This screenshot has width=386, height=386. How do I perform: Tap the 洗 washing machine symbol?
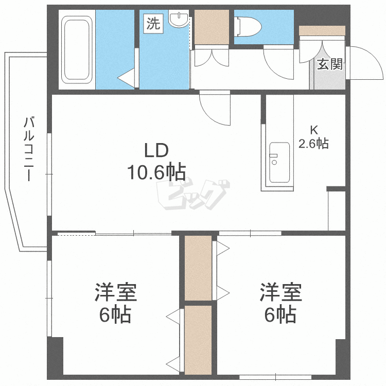click(153, 24)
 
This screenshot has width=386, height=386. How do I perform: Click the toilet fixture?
click(246, 25)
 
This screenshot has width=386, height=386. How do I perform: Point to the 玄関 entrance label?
click(329, 64)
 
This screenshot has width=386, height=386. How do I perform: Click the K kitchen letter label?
click(313, 129)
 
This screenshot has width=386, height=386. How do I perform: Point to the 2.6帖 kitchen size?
click(313, 143)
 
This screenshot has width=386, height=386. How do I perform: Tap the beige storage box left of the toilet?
click(212, 27)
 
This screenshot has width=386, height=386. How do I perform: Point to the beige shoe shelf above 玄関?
click(322, 31)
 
